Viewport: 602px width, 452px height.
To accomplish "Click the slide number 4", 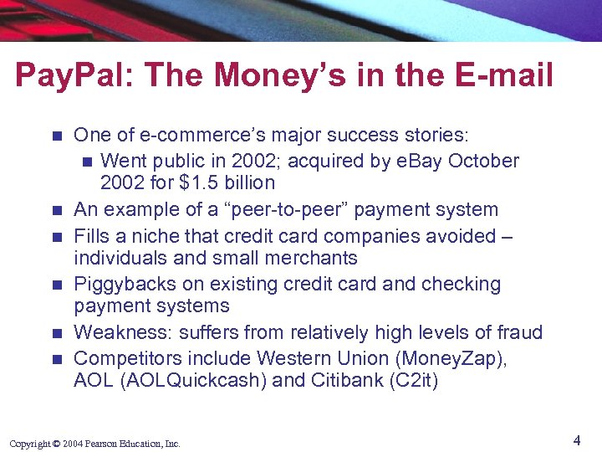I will coord(577,439).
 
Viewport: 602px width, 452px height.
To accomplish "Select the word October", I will coord(484,160).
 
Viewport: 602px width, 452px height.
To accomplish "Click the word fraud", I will coord(518,333).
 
